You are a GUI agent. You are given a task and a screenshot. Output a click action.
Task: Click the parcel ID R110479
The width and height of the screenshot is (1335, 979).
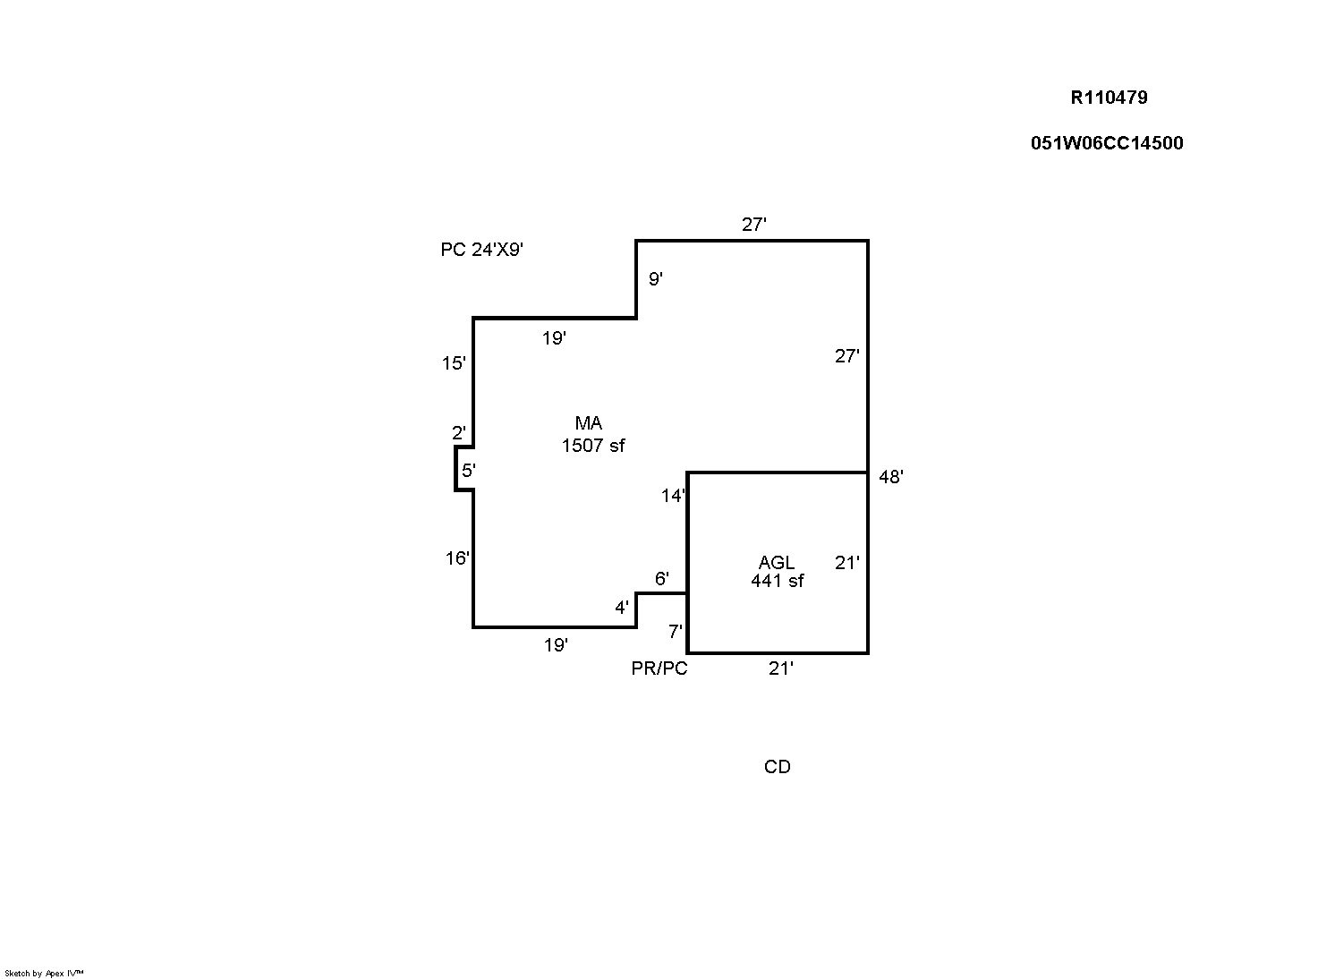pos(1109,98)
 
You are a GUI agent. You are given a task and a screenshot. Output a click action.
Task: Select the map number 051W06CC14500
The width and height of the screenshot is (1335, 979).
pos(1107,143)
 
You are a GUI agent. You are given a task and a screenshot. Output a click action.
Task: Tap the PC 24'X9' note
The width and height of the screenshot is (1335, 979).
pos(481,250)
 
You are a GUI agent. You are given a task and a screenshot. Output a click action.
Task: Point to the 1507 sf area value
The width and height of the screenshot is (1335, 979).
pos(592,445)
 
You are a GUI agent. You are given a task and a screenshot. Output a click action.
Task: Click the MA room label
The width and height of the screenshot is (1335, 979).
pos(588,423)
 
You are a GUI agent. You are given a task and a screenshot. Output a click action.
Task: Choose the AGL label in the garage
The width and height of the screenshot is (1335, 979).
pos(777,562)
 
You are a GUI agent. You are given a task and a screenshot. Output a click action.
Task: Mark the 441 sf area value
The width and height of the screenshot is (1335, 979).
pos(777,581)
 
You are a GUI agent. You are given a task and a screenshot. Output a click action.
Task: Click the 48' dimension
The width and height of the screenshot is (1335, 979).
pos(891,477)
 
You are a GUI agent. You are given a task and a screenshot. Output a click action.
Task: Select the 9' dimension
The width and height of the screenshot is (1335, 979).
pos(656,279)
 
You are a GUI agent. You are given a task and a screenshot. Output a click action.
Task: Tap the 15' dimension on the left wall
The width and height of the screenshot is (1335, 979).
pos(454,363)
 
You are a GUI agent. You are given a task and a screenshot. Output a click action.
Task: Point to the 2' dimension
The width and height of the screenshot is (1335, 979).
pos(458,433)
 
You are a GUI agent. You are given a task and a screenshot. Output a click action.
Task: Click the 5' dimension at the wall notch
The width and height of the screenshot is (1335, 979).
pos(468,470)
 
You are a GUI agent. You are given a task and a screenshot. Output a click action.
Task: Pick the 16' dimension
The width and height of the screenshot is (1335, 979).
pos(457,558)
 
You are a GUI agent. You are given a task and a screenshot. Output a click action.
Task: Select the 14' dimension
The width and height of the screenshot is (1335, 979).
pos(673,496)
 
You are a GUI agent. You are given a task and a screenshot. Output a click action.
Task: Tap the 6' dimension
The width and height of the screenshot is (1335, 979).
pos(661,579)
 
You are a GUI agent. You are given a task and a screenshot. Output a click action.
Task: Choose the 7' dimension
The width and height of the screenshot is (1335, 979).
pos(676,632)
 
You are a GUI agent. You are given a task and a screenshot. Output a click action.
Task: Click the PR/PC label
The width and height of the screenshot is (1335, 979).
pos(659,668)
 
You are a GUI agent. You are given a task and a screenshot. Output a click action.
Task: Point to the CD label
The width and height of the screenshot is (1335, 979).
pos(777,767)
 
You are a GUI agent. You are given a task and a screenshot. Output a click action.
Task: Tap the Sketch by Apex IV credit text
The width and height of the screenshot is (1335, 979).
pos(44,973)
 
